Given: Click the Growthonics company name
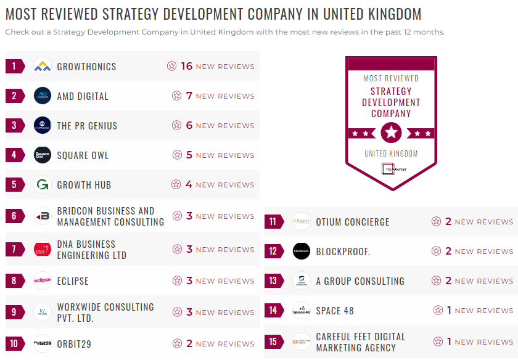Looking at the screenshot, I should [x=86, y=67].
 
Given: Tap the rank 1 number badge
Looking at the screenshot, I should [x=14, y=67].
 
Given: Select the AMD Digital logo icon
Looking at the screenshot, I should [x=43, y=96].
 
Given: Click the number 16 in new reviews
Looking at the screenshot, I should [x=187, y=66].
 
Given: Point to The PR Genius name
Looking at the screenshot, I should [x=87, y=126].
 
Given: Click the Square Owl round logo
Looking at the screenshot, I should [x=43, y=155].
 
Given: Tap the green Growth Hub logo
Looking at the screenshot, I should [x=43, y=185].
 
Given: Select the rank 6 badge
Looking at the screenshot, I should [x=14, y=216].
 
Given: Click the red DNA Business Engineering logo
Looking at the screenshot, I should [x=43, y=250].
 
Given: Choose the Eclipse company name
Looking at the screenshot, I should [x=73, y=281].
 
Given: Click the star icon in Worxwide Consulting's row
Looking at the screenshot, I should [x=178, y=313].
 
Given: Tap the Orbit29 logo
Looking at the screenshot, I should [x=43, y=344].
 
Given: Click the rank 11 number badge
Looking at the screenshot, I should [x=273, y=222].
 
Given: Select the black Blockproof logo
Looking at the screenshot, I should [x=302, y=252].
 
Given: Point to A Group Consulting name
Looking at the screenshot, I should [x=360, y=281].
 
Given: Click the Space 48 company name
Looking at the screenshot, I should [x=335, y=311].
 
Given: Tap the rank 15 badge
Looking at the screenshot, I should [x=273, y=342].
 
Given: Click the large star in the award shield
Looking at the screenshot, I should [x=391, y=132].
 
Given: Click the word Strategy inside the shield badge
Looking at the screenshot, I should [x=391, y=91].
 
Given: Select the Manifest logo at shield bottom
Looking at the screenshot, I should [x=391, y=168].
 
